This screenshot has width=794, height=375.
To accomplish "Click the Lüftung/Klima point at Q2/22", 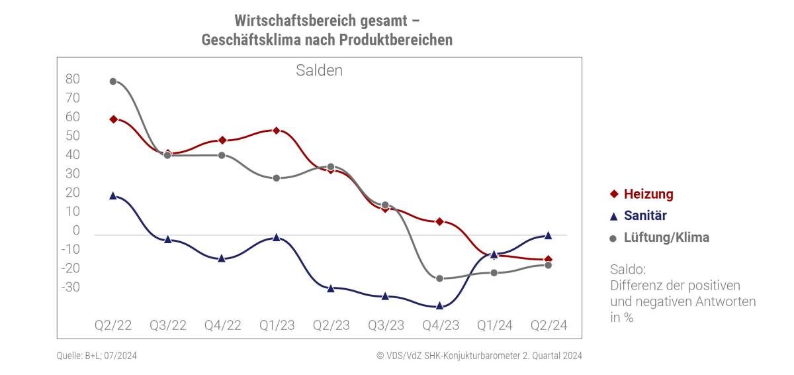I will (113, 81).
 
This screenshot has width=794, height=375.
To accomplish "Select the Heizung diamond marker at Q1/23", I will (276, 131).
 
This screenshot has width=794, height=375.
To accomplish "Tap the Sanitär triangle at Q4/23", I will (439, 305).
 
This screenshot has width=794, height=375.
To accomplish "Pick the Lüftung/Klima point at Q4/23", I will (439, 278).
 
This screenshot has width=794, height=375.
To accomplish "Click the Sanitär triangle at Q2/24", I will (548, 235).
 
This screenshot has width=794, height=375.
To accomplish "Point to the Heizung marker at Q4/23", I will (439, 221).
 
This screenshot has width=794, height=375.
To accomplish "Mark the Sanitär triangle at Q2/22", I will (113, 195).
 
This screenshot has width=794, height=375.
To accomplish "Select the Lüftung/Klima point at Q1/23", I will (276, 178).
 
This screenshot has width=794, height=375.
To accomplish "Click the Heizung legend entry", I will (641, 194).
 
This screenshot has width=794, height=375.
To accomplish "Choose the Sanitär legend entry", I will (638, 215).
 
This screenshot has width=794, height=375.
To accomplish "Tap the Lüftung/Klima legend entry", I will (659, 237).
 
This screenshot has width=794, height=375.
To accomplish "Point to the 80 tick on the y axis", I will (73, 79).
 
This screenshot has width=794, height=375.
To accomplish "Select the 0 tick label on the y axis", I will (76, 231).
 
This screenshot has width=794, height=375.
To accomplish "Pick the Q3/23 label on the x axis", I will (385, 325).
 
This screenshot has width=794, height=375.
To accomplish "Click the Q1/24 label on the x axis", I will (494, 325).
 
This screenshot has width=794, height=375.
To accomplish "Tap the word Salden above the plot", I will (319, 70).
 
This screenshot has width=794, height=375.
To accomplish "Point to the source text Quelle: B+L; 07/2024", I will (97, 356).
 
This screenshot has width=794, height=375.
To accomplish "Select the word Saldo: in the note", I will (628, 270).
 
